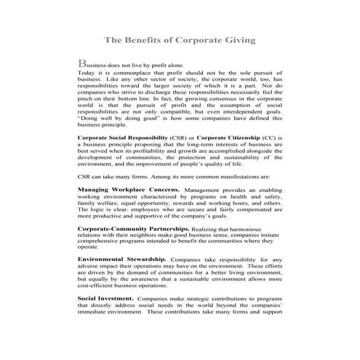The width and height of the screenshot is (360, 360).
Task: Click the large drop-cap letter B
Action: pos(81,64)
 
